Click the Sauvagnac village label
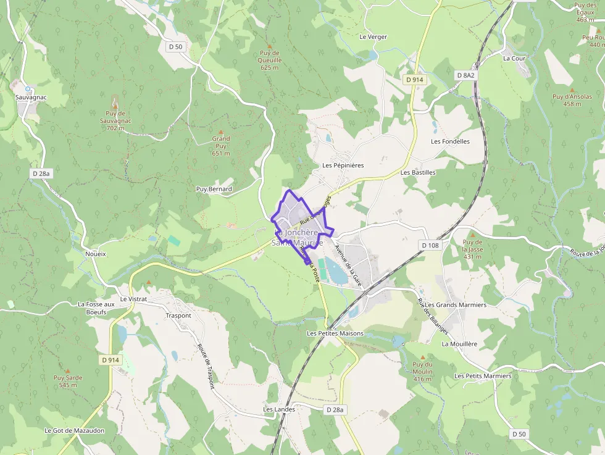coord(31,98)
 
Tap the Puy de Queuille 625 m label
coord(270,60)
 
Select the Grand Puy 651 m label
coord(221,146)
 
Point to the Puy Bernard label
coord(214,189)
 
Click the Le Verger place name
coord(373,37)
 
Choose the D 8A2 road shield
coord(465,75)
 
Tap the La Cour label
coord(514,59)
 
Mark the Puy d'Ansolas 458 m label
coord(572,100)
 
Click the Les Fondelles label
coord(450,141)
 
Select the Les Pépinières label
coord(343,165)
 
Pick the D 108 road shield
coord(430,245)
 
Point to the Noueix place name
coord(96,254)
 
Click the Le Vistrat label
coord(133,299)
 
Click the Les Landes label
coord(279,409)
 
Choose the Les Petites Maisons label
coord(335,333)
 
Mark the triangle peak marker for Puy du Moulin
coord(423,357)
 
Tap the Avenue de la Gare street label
coord(348,265)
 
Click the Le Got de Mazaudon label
coord(75,430)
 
